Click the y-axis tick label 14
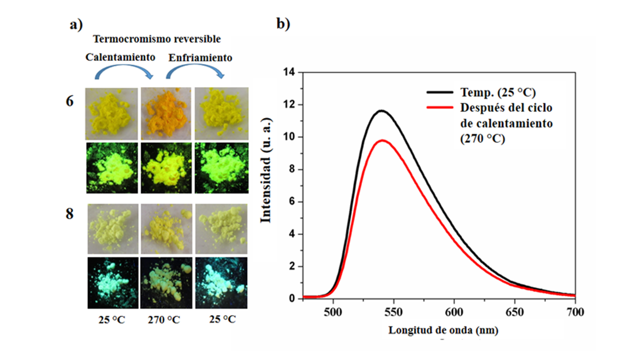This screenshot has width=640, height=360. pyautogui.click(x=289, y=72)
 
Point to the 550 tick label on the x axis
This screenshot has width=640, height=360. pyautogui.click(x=393, y=312)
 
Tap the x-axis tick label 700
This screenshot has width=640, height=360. pyautogui.click(x=575, y=312)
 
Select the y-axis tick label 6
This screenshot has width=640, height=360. pyautogui.click(x=291, y=201)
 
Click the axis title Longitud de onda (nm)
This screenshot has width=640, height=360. pyautogui.click(x=443, y=330)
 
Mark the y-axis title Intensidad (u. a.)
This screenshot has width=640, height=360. pyautogui.click(x=265, y=170)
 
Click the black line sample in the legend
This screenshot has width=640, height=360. pyautogui.click(x=439, y=92)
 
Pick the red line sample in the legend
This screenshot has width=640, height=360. pyautogui.click(x=439, y=107)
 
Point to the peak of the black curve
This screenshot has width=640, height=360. pyautogui.click(x=381, y=110)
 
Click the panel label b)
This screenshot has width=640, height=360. pyautogui.click(x=283, y=24)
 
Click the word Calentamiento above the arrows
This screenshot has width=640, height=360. pyautogui.click(x=120, y=57)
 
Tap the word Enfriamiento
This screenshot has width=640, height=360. pyautogui.click(x=200, y=57)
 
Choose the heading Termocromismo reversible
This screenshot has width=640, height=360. pyautogui.click(x=157, y=39)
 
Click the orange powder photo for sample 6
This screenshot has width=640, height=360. pyautogui.click(x=166, y=113)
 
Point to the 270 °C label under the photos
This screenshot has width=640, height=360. pyautogui.click(x=163, y=319)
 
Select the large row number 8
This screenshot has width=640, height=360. pyautogui.click(x=69, y=213)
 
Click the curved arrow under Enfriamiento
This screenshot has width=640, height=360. pyautogui.click(x=195, y=69)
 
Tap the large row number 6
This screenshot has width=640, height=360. pyautogui.click(x=69, y=101)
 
